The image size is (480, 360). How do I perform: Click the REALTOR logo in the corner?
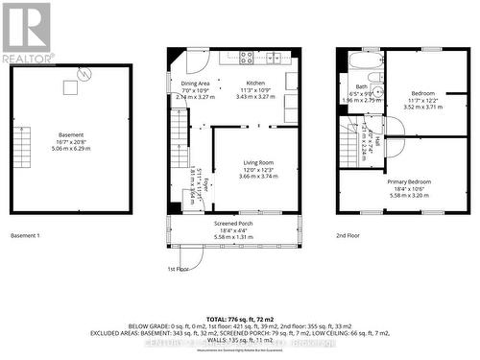click(x=26, y=32)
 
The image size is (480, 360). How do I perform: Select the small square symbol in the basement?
click(x=70, y=88)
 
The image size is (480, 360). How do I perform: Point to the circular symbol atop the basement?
click(x=85, y=72)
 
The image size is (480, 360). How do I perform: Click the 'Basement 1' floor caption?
click(x=25, y=235)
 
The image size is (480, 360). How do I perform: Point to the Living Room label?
click(x=257, y=163)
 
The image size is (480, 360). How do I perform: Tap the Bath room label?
click(x=362, y=87)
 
